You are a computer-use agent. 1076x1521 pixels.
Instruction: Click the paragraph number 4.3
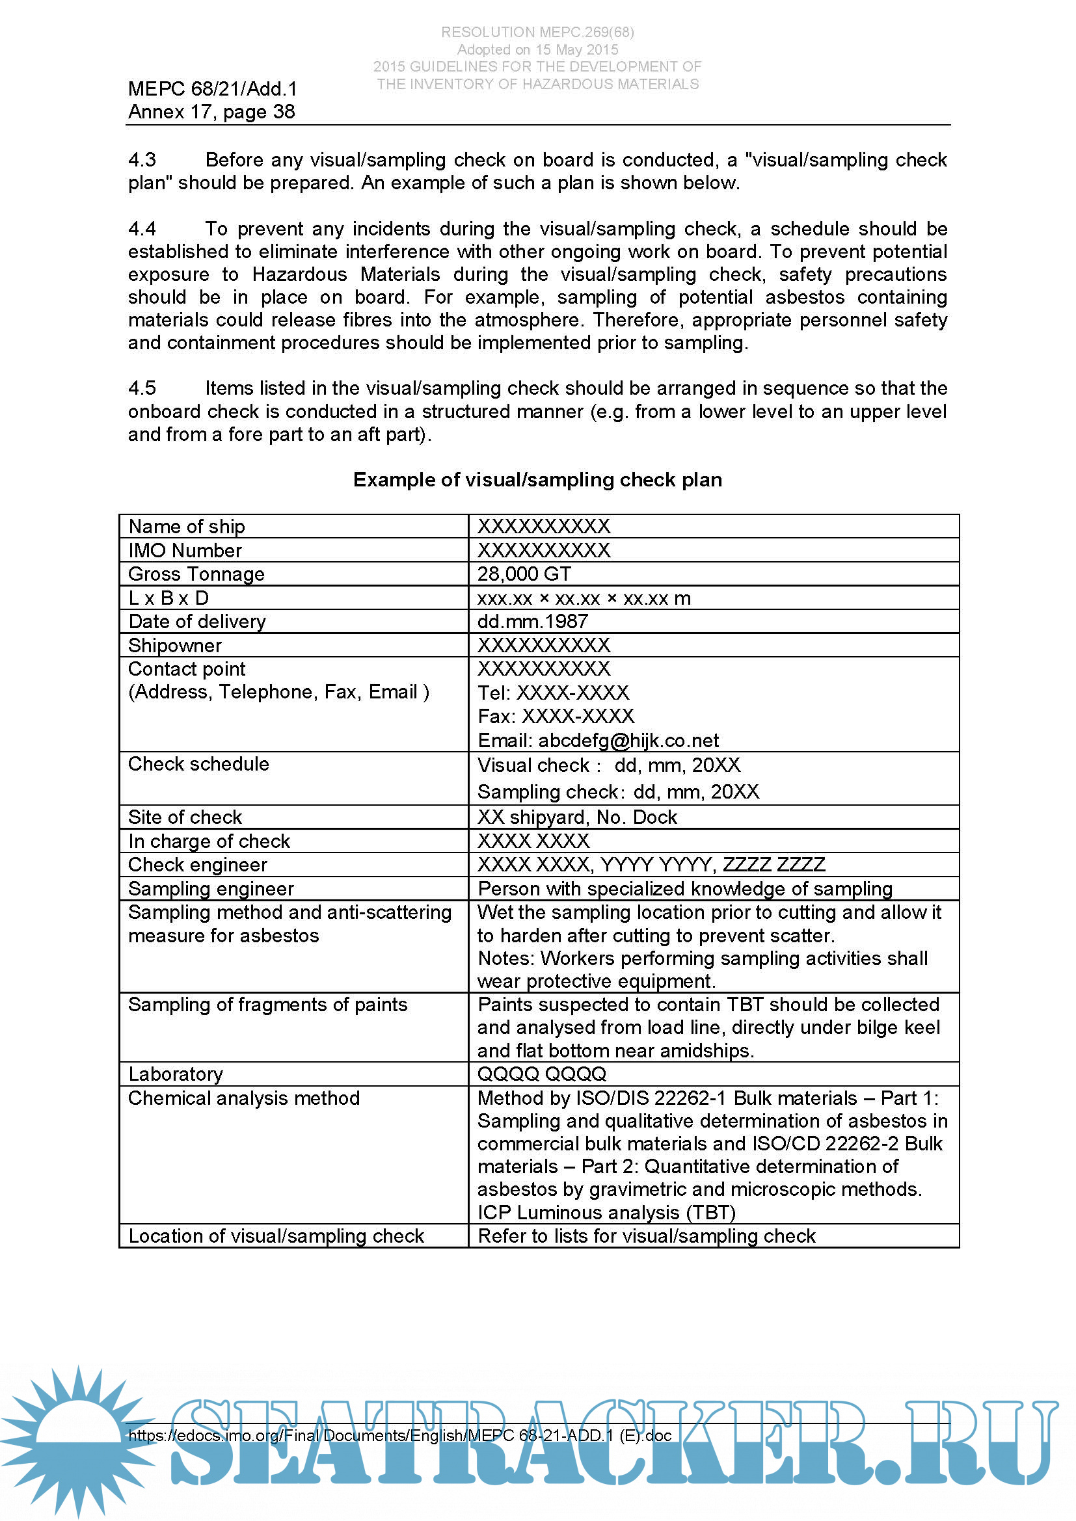coord(142,160)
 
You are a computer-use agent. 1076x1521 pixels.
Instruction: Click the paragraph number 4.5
coord(142,388)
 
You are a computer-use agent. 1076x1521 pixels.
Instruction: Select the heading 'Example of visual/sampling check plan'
coord(537,480)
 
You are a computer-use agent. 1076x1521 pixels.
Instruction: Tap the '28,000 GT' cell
coord(524,574)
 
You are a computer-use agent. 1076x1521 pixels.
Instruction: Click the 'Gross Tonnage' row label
coord(196,574)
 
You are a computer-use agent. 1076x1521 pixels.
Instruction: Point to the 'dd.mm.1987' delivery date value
coord(533,622)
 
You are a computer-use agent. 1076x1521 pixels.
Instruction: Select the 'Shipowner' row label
coord(175,645)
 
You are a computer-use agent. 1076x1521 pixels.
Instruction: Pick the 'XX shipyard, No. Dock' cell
coord(577,817)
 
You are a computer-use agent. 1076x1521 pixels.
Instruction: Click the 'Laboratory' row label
coord(176,1074)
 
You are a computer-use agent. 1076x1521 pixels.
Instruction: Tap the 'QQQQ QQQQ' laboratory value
coord(542,1074)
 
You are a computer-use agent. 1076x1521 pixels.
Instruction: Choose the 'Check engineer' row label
coord(198,864)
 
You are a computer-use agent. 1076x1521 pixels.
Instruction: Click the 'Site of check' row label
coord(185,817)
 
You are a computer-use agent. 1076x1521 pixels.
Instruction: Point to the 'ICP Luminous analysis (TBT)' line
coord(606,1212)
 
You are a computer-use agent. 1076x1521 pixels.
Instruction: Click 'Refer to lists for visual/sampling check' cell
coord(647,1236)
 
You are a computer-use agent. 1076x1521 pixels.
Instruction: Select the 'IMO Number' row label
coord(185,550)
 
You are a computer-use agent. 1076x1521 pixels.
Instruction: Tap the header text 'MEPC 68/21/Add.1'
coord(213,89)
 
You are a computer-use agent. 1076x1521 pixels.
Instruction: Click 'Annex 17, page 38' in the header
coord(211,111)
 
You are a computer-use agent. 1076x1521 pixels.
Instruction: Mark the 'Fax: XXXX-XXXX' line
coord(556,716)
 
